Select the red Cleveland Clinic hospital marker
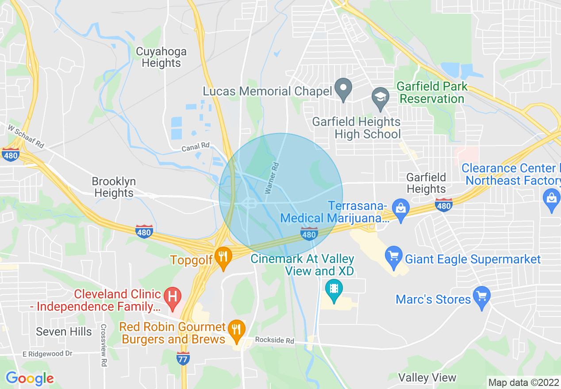pos(172,297)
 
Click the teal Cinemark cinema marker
pos(334,288)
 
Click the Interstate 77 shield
pos(183,357)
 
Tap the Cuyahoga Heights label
pos(161,57)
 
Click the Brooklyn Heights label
pos(114,187)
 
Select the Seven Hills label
pos(64,332)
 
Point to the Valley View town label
pos(427,378)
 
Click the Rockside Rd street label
pos(274,341)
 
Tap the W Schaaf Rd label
pos(27,136)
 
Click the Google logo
pos(30,379)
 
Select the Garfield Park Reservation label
pos(432,92)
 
